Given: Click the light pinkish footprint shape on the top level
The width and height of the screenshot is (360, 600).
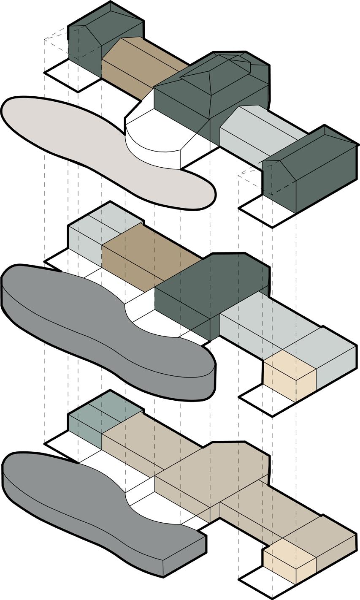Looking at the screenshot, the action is click(84, 139).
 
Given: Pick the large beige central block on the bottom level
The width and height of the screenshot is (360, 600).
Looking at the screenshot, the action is click(211, 469).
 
